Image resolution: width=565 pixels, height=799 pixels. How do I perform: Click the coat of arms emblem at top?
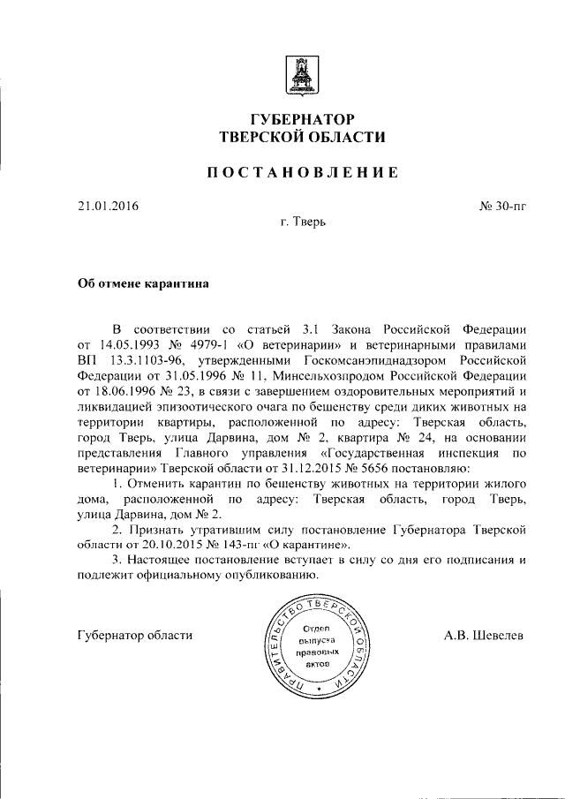coord(300,76)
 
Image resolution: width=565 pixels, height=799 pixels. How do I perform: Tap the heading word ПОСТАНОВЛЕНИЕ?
coord(302,172)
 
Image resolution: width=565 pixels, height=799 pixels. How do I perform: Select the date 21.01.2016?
coord(109,207)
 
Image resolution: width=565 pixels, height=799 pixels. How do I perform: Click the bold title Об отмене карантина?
coord(143,284)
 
